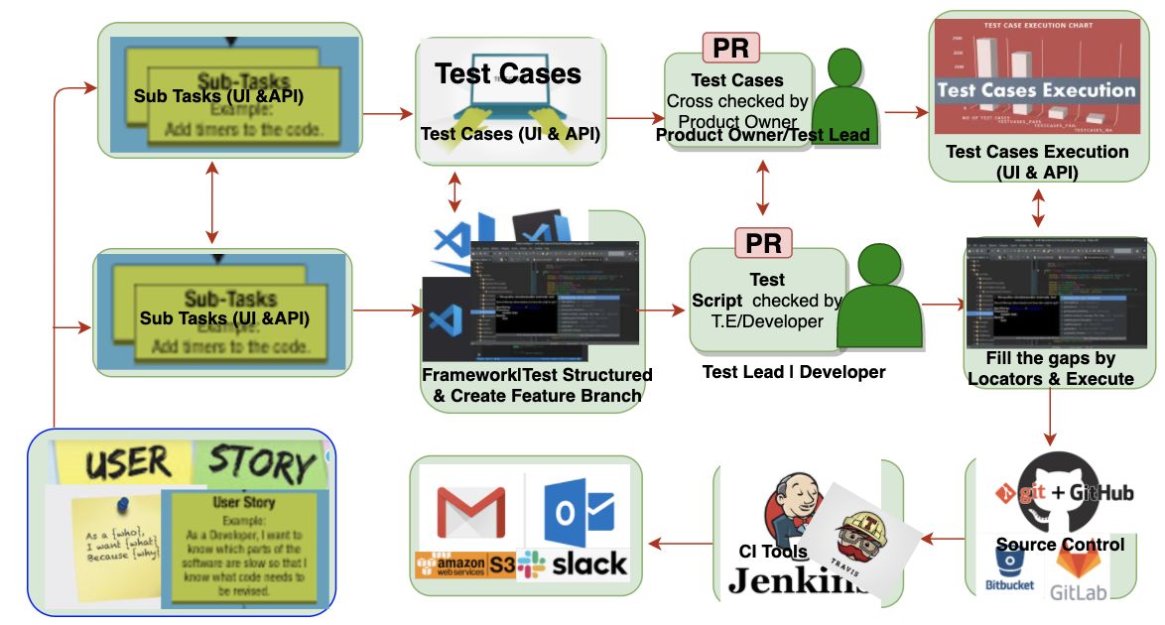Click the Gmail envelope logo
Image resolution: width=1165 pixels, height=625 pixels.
pos(470,511)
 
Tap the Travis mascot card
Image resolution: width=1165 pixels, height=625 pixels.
pos(862,537)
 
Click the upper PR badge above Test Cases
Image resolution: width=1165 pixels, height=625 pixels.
pos(731,47)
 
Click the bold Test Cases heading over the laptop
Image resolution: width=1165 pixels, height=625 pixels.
pos(508,72)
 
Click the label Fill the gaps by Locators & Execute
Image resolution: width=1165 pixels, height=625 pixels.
pos(1051,368)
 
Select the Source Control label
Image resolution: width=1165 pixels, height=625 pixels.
pos(1060,544)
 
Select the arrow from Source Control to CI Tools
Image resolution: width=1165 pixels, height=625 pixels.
pos(942,539)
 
